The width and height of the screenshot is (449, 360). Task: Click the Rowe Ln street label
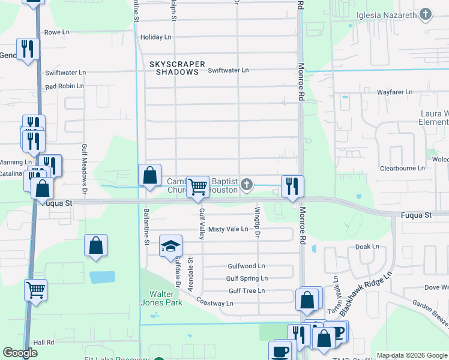(56, 32)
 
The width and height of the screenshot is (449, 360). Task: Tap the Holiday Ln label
(155, 37)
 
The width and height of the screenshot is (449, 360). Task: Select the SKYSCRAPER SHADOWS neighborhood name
(177, 68)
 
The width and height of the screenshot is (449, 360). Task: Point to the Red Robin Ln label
(64, 86)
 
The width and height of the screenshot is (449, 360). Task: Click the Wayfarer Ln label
(394, 92)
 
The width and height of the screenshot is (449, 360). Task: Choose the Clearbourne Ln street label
(403, 169)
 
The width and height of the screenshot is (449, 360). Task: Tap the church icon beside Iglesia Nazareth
(426, 14)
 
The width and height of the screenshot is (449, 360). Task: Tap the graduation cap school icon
(170, 245)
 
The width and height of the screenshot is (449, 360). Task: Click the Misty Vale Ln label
(228, 229)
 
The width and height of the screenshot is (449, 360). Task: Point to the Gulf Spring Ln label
(247, 278)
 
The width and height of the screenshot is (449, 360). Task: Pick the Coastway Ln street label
(214, 304)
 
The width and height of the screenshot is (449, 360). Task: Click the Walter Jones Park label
(166, 298)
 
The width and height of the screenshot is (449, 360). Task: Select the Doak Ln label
(367, 247)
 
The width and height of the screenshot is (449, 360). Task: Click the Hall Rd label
(44, 342)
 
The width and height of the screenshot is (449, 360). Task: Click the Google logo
(20, 353)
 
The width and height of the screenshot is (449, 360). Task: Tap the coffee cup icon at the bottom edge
(280, 350)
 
